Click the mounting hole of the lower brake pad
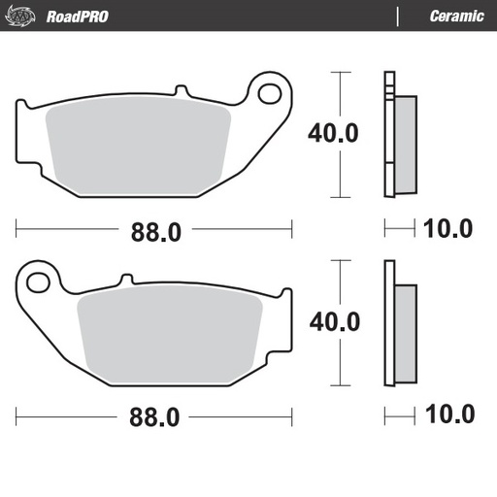point(39,282)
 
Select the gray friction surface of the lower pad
point(170,337)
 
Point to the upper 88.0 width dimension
point(155,230)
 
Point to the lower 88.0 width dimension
point(155,417)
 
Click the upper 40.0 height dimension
point(334,132)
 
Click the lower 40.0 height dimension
point(334,320)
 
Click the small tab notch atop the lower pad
point(124,281)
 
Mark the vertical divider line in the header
point(398,16)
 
